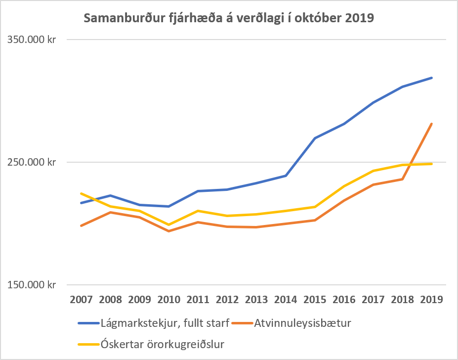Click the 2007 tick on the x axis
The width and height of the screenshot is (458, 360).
click(81, 299)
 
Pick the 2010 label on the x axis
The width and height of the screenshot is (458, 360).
click(169, 299)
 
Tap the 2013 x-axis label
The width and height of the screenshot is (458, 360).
click(256, 299)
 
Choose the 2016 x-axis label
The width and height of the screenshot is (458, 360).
click(344, 299)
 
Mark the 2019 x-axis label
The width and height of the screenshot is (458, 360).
click(432, 299)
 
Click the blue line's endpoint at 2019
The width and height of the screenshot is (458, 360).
click(432, 78)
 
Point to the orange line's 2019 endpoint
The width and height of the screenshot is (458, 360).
click(432, 124)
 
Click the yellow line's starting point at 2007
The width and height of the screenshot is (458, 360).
click(81, 193)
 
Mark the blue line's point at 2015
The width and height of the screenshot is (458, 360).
click(315, 138)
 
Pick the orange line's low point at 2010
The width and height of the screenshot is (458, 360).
click(169, 231)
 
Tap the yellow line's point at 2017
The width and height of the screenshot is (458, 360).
click(374, 171)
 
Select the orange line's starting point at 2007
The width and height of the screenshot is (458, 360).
click(81, 225)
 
